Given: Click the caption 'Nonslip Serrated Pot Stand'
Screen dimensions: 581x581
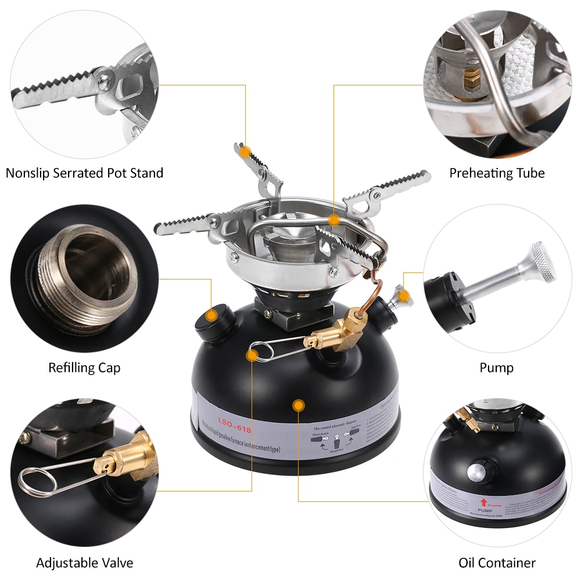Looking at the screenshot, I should tap(84, 173).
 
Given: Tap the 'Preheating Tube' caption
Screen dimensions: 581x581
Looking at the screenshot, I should tap(497, 173).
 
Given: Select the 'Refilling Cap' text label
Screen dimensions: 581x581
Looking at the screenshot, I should tap(84, 368).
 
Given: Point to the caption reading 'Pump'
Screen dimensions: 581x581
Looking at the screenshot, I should tap(496, 368).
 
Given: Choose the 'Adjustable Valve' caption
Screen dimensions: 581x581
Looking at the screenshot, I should tap(84, 562).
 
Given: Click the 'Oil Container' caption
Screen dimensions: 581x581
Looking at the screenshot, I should tap(497, 562).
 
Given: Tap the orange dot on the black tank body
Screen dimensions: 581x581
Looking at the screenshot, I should tap(298, 404).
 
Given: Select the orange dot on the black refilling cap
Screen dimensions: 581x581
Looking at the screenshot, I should tap(213, 316).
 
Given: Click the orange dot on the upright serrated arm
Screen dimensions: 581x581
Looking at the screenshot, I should tap(246, 152).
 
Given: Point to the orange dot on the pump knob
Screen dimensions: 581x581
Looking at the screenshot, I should tap(405, 297).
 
